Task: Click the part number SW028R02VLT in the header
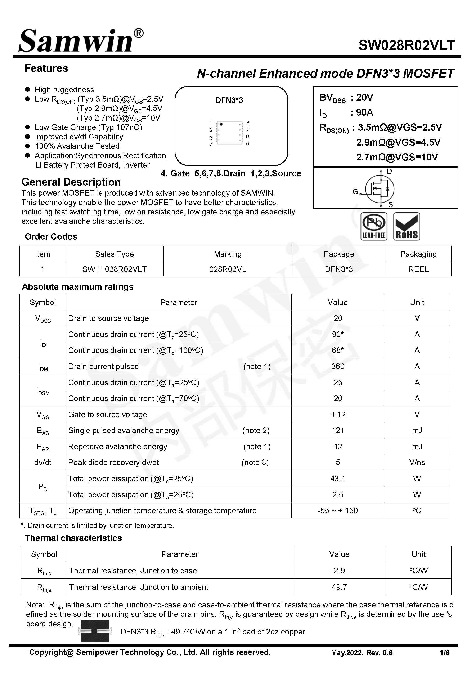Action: pos(406,45)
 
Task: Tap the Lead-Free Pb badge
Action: pos(374,226)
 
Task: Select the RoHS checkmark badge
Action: pos(406,226)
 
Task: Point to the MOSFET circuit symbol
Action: pos(380,189)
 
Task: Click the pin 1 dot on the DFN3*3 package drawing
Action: pos(221,124)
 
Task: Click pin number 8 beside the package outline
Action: pos(248,123)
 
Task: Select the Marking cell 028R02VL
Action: pos(228,269)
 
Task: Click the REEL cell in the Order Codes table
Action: pos(418,269)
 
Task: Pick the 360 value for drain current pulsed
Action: pos(338,366)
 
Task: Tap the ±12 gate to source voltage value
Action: pos(338,414)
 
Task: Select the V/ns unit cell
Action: pos(417,462)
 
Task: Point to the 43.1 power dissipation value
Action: pos(338,478)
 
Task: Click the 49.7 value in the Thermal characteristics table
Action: pos(339,587)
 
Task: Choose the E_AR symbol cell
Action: pos(43,447)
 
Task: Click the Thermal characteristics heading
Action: pos(73,538)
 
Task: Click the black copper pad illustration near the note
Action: pos(95,631)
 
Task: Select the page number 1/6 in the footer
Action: pos(444,653)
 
